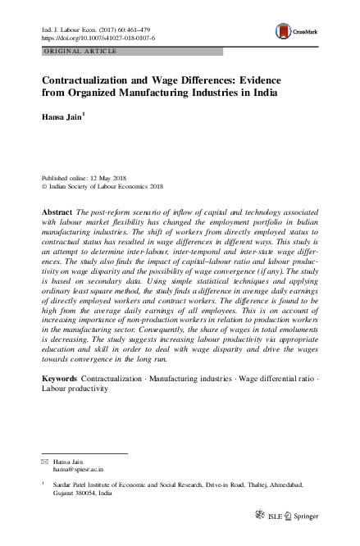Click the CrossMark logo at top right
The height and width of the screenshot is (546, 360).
[x=294, y=30]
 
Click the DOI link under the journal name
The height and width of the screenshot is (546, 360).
[x=98, y=38]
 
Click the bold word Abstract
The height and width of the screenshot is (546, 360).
[x=56, y=212]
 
